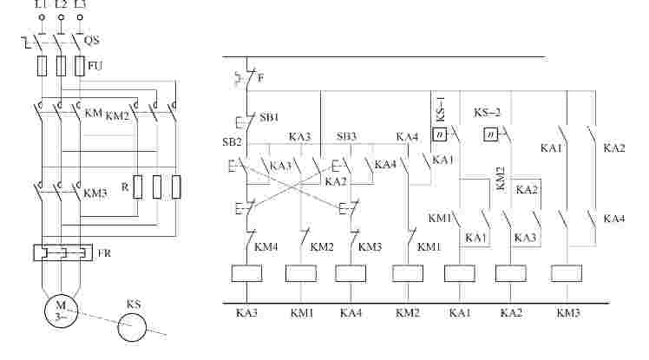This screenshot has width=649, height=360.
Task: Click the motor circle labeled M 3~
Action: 60,310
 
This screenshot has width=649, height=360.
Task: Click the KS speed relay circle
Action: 133,326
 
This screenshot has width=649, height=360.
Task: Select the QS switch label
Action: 92,39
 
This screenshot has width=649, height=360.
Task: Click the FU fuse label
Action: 95,64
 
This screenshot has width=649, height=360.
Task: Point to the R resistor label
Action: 126,185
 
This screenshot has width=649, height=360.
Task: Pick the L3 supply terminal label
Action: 80,4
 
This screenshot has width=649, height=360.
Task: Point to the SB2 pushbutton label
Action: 232,141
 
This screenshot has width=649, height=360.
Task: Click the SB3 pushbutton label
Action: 347,137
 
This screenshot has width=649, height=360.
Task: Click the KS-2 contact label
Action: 487,113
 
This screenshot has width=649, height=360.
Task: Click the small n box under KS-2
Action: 491,134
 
